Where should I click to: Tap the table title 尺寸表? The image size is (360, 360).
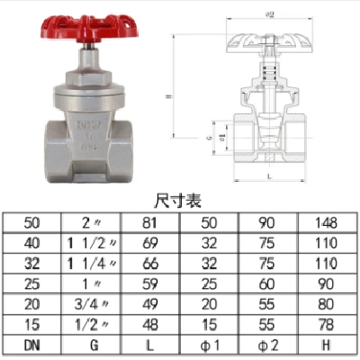tap(181, 201)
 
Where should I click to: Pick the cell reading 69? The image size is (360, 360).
tap(151, 242)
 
